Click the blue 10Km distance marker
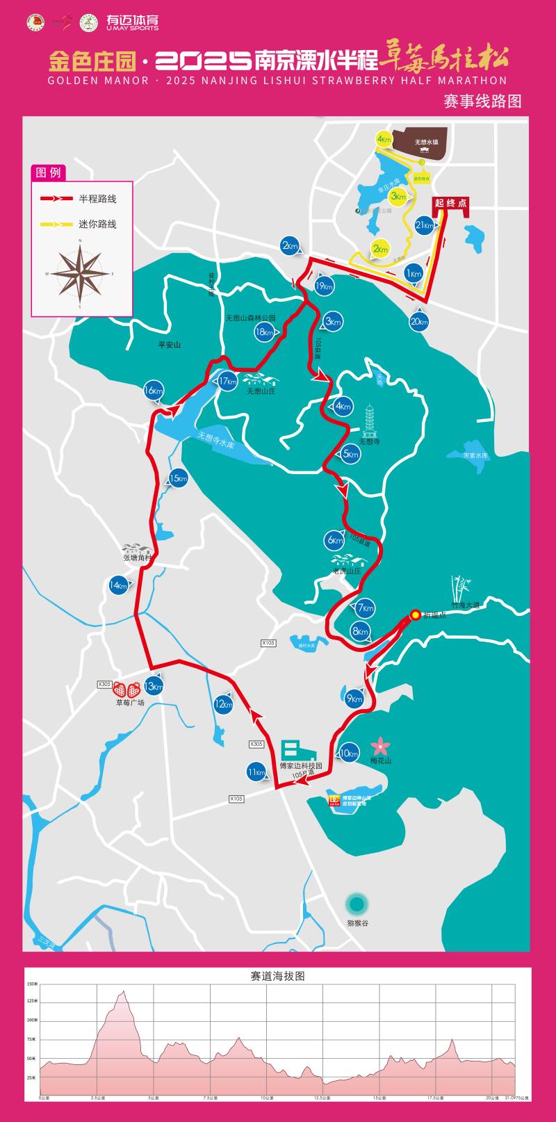pyautogui.click(x=349, y=753)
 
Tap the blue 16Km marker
pyautogui.click(x=153, y=391)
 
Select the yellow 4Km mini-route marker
pyautogui.click(x=384, y=139)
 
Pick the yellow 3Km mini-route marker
pyautogui.click(x=398, y=197)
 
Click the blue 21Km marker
pyautogui.click(x=424, y=225)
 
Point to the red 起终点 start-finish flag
pyautogui.click(x=450, y=204)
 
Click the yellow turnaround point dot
pyautogui.click(x=415, y=615)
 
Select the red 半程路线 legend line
pyautogui.click(x=56, y=199)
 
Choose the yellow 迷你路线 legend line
pyautogui.click(x=56, y=224)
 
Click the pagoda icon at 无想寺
pyautogui.click(x=369, y=421)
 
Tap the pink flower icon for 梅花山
pyautogui.click(x=380, y=747)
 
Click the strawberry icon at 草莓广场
pyautogui.click(x=127, y=690)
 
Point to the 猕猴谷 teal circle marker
pyautogui.click(x=357, y=904)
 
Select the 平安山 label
pyautogui.click(x=169, y=345)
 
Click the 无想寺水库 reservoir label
pyautogui.click(x=215, y=439)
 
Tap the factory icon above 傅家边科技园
pyautogui.click(x=297, y=751)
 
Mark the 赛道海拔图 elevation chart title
pyautogui.click(x=277, y=976)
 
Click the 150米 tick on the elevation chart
pyautogui.click(x=33, y=984)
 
